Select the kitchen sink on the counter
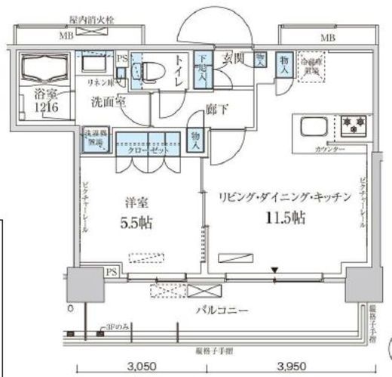311,125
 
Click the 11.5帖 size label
284,218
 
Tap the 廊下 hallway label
216,110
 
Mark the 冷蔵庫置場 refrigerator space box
309,64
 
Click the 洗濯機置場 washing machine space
94,141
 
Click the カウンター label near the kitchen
329,150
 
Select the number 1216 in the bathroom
44,107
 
